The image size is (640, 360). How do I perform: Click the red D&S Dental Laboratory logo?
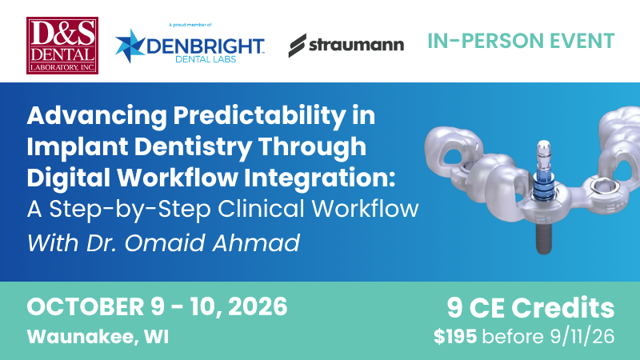click(x=62, y=46)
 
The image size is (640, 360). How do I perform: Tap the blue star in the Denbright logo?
click(x=130, y=46)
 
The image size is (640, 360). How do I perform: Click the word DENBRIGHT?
click(x=206, y=46)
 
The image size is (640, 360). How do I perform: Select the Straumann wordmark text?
click(x=356, y=45)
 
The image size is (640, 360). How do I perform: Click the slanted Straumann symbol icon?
click(x=297, y=46)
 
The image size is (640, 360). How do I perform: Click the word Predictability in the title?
click(x=259, y=116)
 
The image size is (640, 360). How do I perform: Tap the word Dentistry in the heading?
click(x=193, y=147)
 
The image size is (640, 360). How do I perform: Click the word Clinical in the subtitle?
click(x=262, y=209)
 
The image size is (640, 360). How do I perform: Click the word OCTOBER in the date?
click(x=86, y=307)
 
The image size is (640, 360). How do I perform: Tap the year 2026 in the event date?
click(x=258, y=307)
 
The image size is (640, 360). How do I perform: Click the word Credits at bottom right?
click(x=563, y=308)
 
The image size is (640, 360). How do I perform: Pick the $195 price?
click(x=455, y=337)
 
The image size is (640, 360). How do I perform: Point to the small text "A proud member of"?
click(x=190, y=26)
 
